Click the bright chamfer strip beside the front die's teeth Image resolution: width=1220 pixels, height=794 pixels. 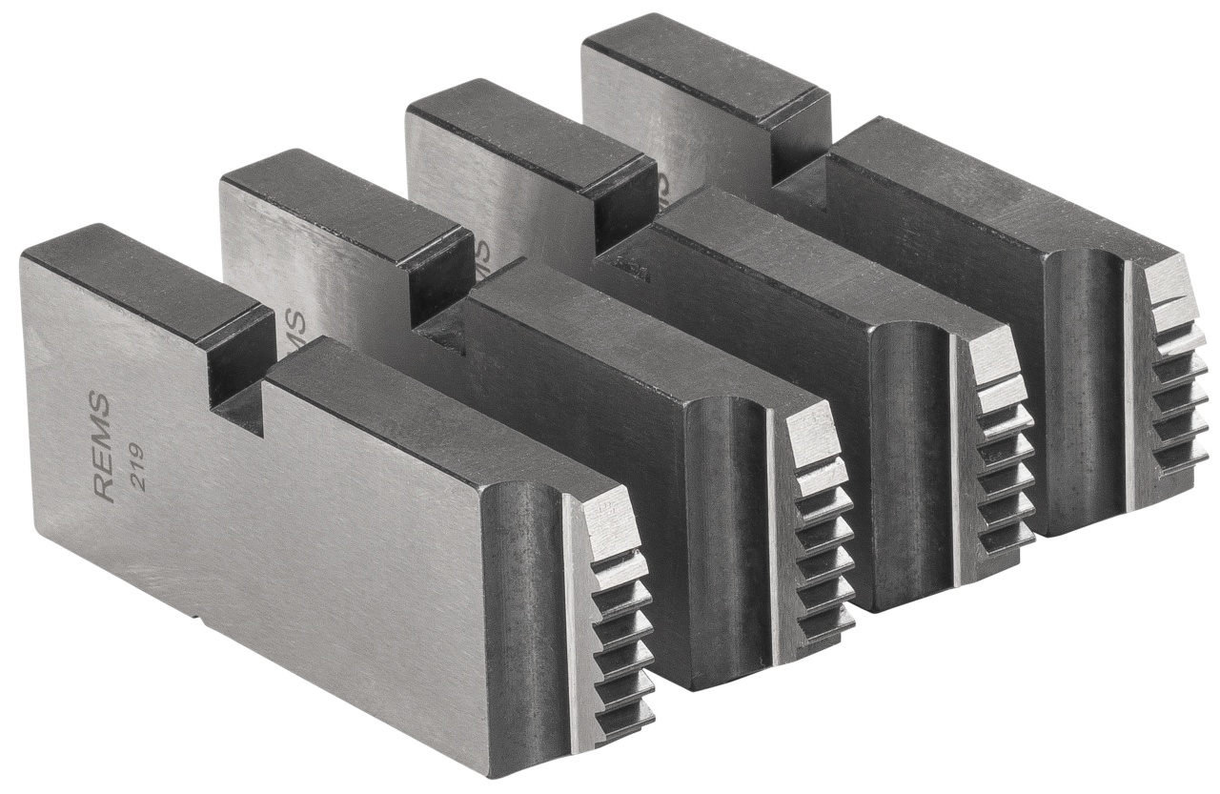click(x=576, y=620)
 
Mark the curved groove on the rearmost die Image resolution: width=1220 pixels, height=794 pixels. click(x=1087, y=381)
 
